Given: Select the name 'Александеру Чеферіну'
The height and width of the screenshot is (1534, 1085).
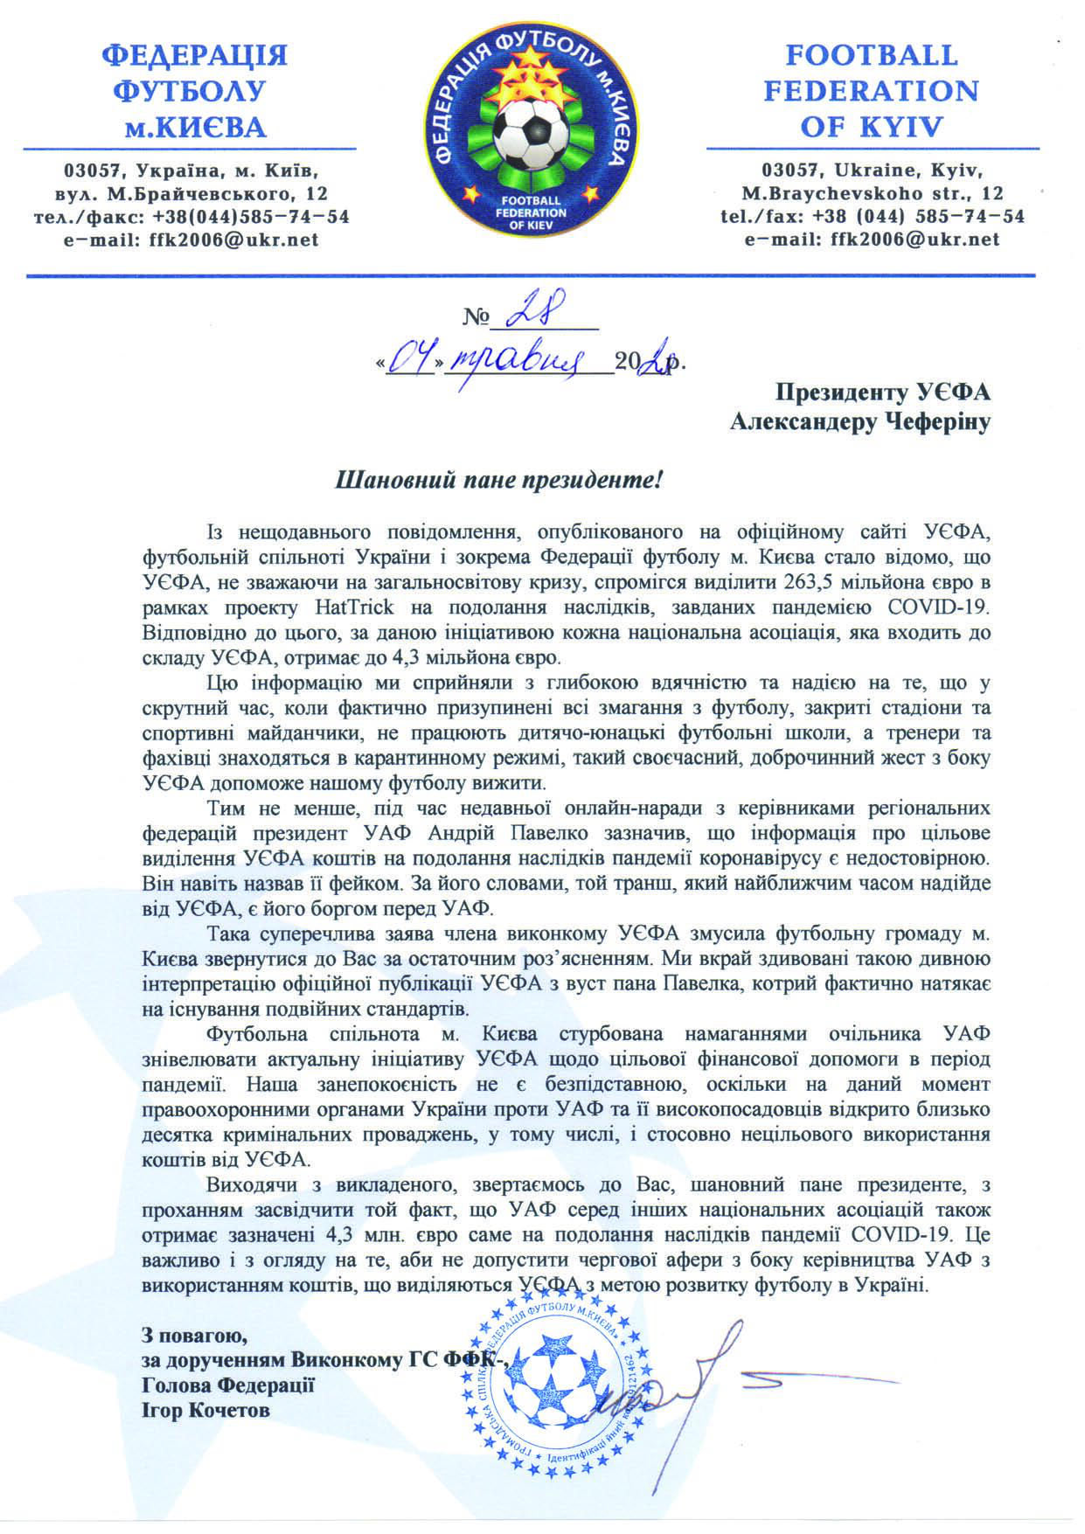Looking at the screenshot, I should pyautogui.click(x=861, y=423).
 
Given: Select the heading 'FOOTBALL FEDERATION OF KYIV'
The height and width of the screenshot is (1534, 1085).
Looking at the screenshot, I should pyautogui.click(x=871, y=92).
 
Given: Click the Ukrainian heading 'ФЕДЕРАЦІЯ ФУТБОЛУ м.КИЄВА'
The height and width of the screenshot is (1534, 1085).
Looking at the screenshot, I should pyautogui.click(x=194, y=92).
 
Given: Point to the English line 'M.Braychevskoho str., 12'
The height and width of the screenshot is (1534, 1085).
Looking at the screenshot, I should pyautogui.click(x=872, y=193).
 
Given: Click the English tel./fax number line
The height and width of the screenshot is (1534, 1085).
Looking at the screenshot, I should pyautogui.click(x=871, y=216).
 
